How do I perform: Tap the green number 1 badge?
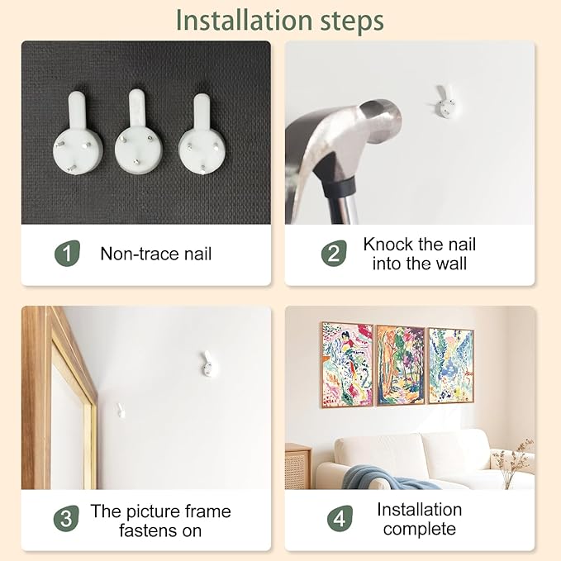[x=67, y=254]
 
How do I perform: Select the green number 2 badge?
[x=334, y=254]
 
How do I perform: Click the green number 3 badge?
[x=66, y=518]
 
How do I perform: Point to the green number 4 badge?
[x=340, y=518]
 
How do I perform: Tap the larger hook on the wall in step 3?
[x=207, y=364]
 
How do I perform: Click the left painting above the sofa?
[x=347, y=365]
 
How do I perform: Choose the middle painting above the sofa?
[x=401, y=365]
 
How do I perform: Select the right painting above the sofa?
[x=451, y=365]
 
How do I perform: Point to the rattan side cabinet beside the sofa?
[x=298, y=466]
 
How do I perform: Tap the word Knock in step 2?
[x=388, y=245]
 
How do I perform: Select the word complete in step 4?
[x=420, y=529]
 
